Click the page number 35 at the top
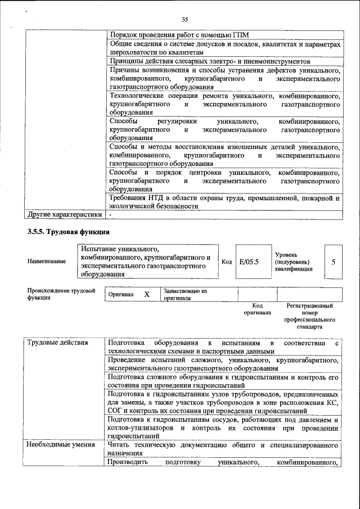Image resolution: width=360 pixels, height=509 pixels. [184, 20]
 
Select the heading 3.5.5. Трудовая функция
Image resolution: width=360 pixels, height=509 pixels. [69, 232]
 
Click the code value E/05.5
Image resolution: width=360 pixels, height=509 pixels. [248, 261]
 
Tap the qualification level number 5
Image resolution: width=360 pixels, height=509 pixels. [333, 261]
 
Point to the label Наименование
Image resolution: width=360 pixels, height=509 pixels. [46, 261]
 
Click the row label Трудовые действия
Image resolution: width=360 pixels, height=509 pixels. [56, 343]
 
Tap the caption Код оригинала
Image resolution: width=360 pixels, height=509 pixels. [257, 309]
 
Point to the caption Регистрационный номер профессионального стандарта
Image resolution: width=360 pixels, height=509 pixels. [309, 316]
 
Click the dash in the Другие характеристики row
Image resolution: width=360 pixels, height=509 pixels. [111, 214]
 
